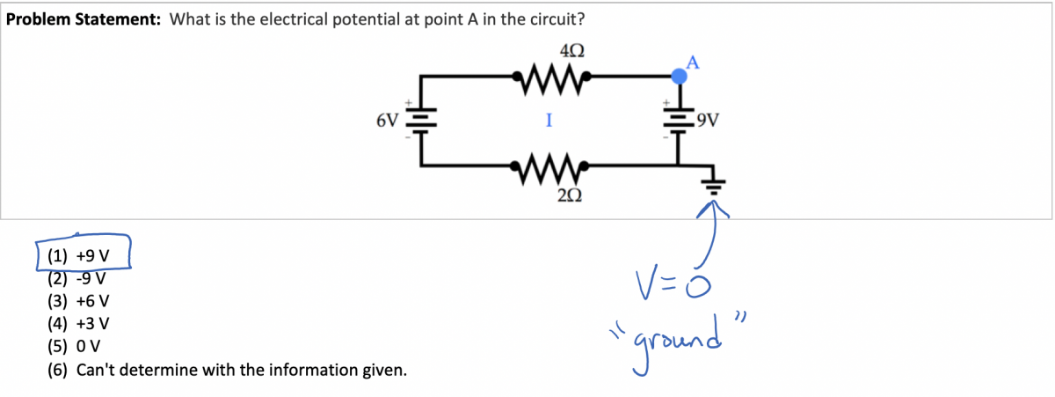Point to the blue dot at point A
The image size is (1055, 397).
click(x=679, y=77)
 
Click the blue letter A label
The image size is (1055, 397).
click(x=692, y=62)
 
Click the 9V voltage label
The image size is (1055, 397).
click(x=708, y=120)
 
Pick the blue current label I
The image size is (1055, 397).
click(x=548, y=121)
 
